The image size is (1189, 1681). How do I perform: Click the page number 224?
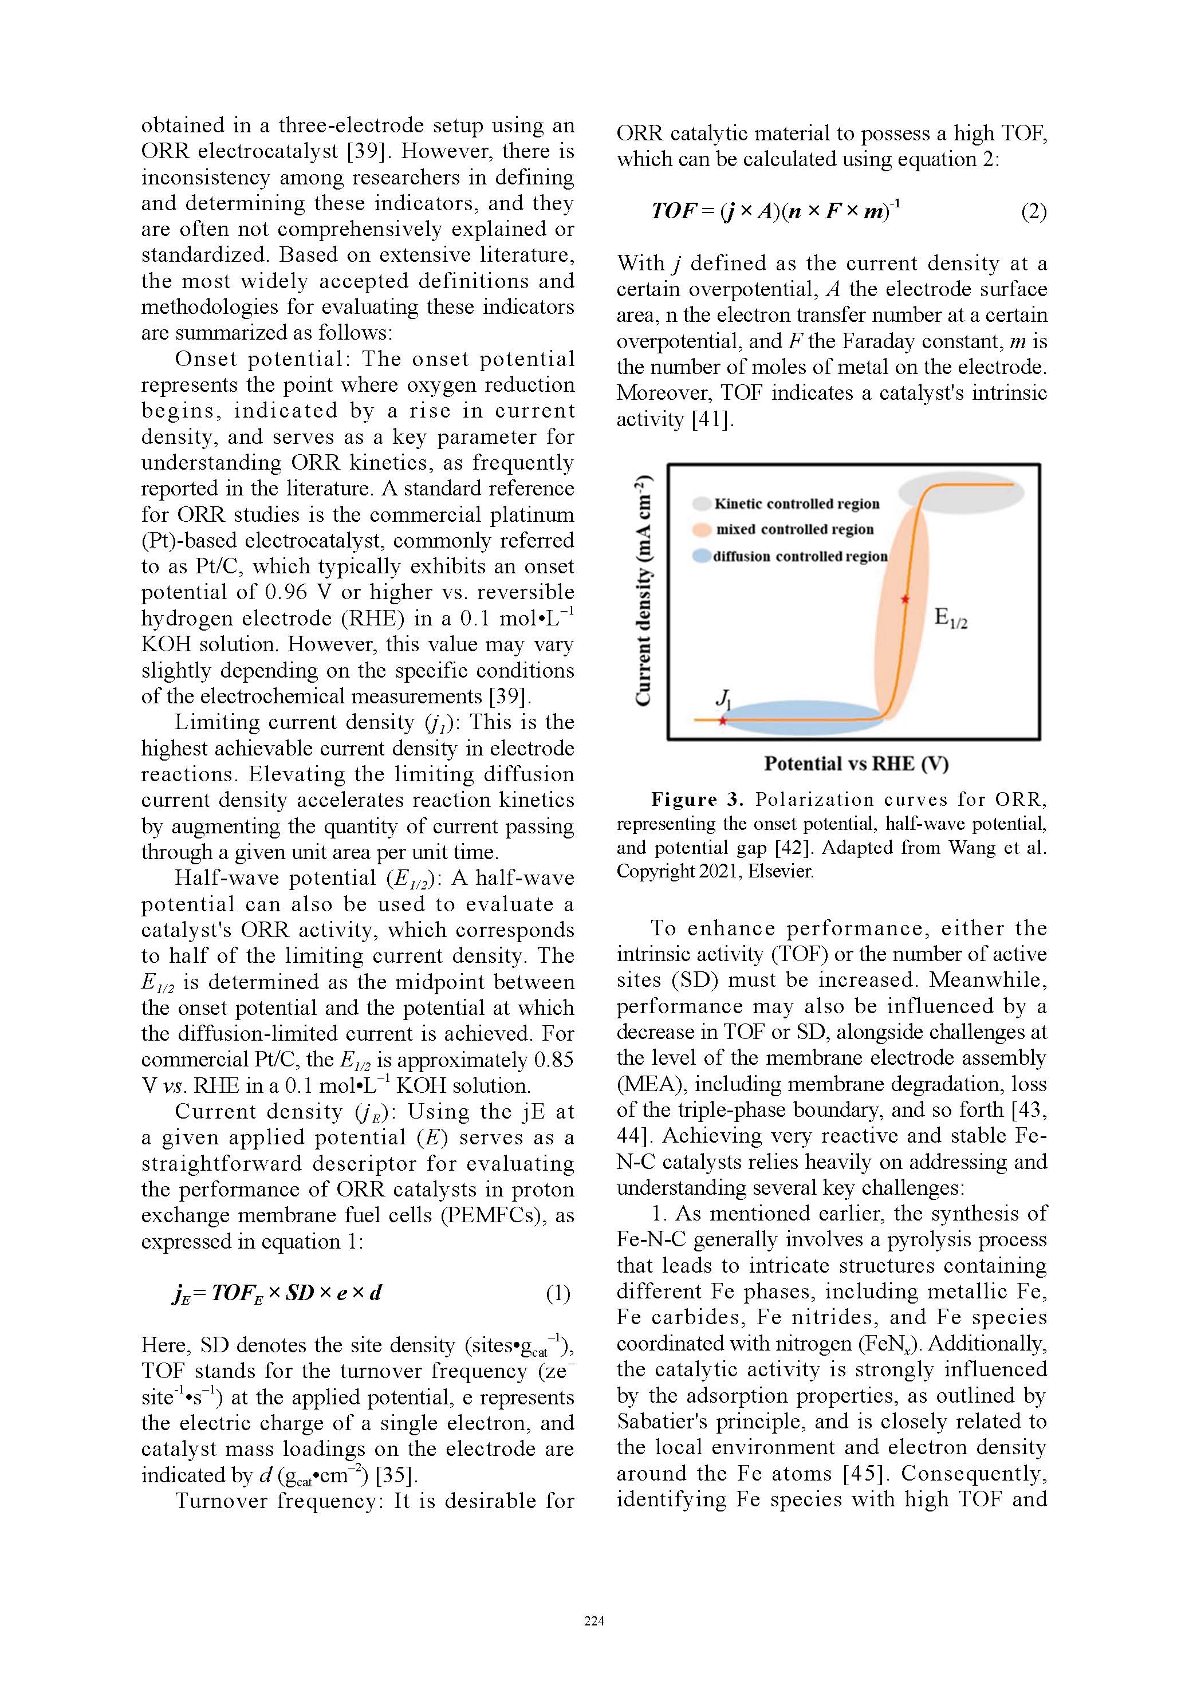pyautogui.click(x=594, y=1621)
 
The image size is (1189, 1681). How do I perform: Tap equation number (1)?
pyautogui.click(x=558, y=1294)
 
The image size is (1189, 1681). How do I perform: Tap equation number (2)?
pyautogui.click(x=1034, y=211)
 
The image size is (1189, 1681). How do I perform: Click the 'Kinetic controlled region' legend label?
pyautogui.click(x=797, y=503)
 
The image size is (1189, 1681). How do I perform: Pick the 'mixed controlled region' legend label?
pyautogui.click(x=794, y=529)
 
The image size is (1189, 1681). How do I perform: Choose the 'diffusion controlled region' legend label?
pyautogui.click(x=800, y=557)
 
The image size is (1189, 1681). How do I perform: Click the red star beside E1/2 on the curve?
pyautogui.click(x=905, y=600)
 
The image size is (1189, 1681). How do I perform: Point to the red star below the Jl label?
pyautogui.click(x=723, y=721)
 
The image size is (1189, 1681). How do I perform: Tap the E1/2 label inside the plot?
pyautogui.click(x=950, y=618)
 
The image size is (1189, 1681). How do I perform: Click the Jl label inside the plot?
pyautogui.click(x=723, y=698)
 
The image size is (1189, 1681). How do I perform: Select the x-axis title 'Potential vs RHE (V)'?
pyautogui.click(x=856, y=763)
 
